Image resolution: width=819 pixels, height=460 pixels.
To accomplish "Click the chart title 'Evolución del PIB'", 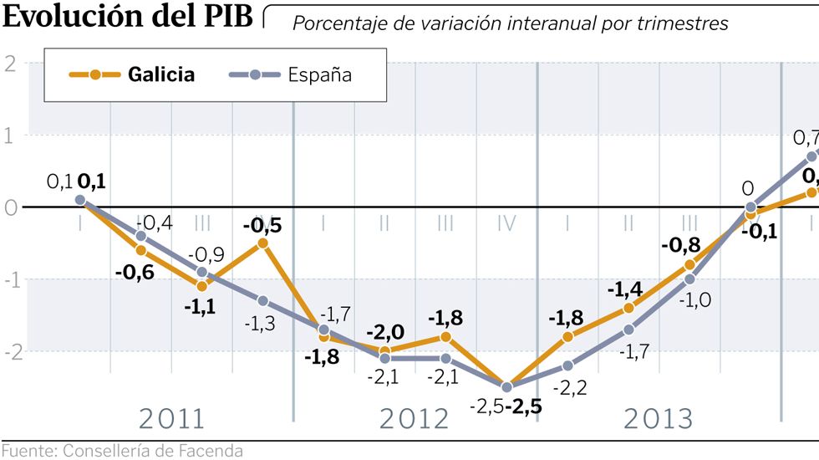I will pyautogui.click(x=127, y=17).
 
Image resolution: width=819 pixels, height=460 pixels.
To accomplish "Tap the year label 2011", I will pyautogui.click(x=171, y=418).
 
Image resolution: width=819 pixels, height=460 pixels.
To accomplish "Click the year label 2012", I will pyautogui.click(x=414, y=418).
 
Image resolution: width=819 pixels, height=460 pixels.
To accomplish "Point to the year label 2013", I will pyautogui.click(x=658, y=418).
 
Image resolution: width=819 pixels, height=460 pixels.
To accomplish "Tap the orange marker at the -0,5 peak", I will pyautogui.click(x=262, y=243).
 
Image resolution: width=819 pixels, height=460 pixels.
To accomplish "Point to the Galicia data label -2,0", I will pyautogui.click(x=384, y=330).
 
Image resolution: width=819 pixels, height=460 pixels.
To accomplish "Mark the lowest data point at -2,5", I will pyautogui.click(x=506, y=386).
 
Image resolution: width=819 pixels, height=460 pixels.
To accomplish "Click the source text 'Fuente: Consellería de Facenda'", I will pyautogui.click(x=122, y=452).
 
